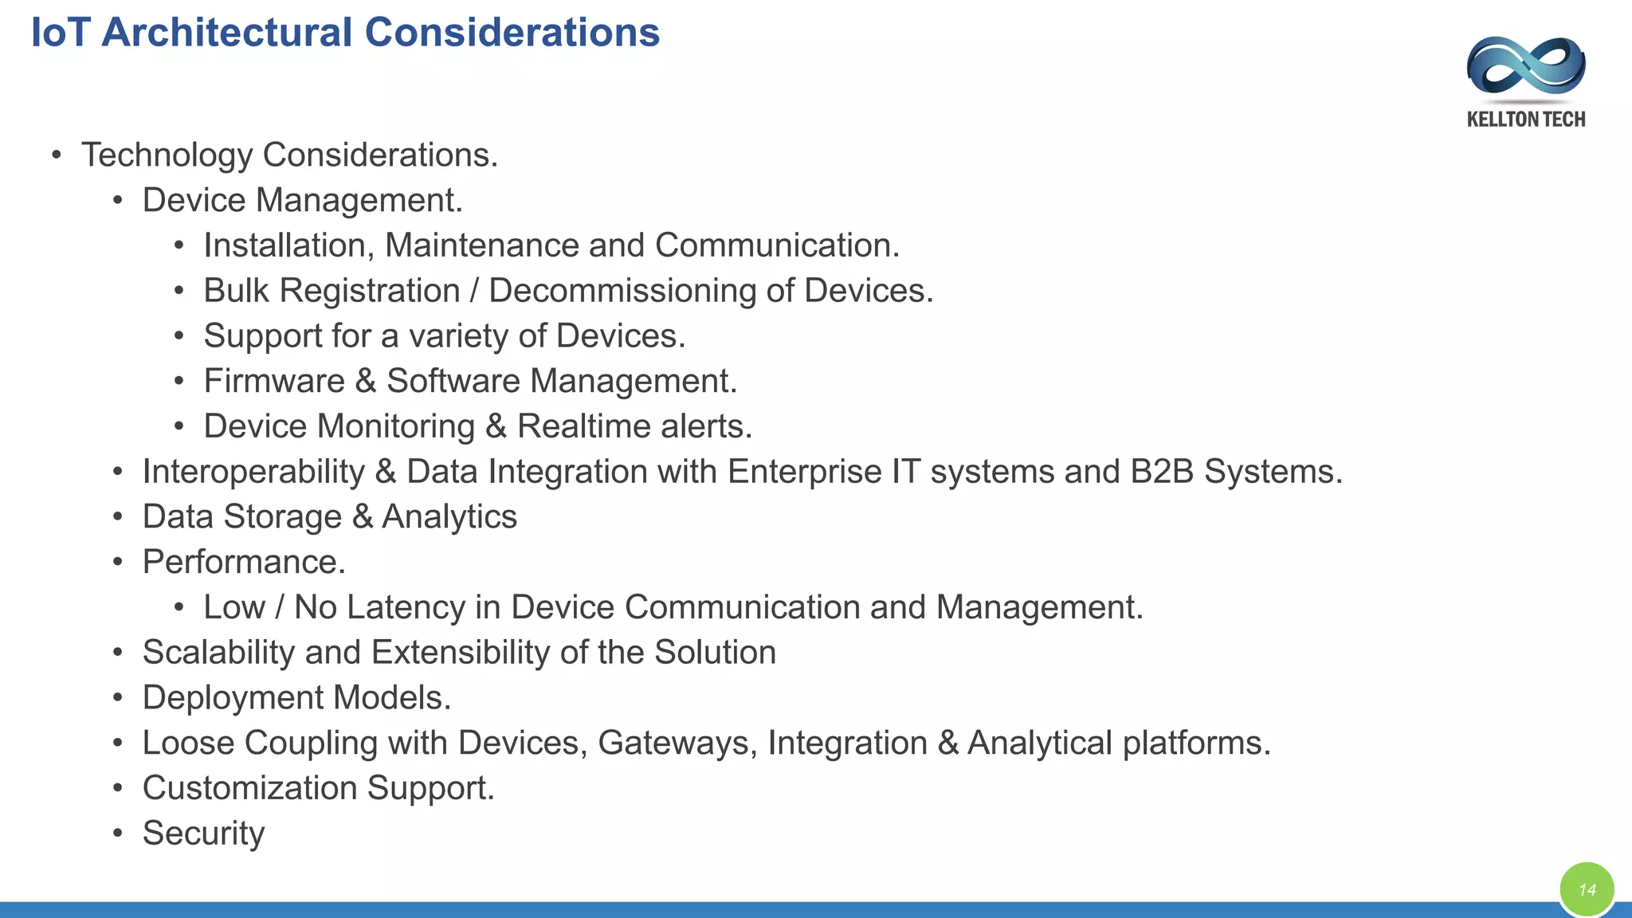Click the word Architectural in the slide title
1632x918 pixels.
click(x=226, y=33)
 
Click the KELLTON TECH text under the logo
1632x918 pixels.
click(x=1525, y=120)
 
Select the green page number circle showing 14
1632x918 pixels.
click(x=1587, y=889)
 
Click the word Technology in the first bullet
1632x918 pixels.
click(x=167, y=155)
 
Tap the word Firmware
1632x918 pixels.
click(x=273, y=381)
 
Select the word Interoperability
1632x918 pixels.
click(x=253, y=472)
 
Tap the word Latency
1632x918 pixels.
click(x=406, y=607)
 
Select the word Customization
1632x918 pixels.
click(x=249, y=788)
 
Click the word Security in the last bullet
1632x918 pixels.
click(x=203, y=834)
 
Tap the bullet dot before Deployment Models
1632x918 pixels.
click(x=118, y=699)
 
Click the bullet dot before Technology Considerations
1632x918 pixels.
click(x=56, y=155)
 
